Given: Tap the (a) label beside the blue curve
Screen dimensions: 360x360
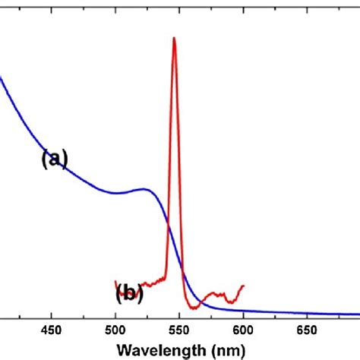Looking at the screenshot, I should [x=54, y=158].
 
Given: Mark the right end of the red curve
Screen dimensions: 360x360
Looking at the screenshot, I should [x=243, y=286].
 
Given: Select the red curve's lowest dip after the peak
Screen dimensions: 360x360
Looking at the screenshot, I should [x=196, y=308].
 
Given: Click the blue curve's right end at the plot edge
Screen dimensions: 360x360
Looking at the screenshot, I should [x=358, y=314].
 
